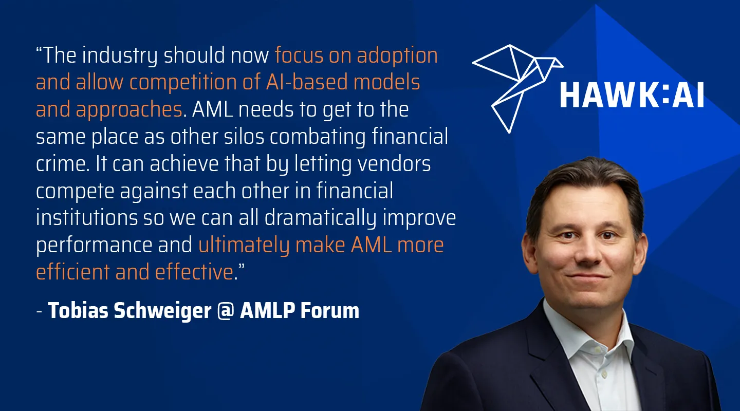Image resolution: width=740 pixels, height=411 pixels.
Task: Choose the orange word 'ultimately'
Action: pyautogui.click(x=244, y=246)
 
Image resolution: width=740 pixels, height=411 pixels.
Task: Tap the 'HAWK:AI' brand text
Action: pyautogui.click(x=632, y=95)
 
